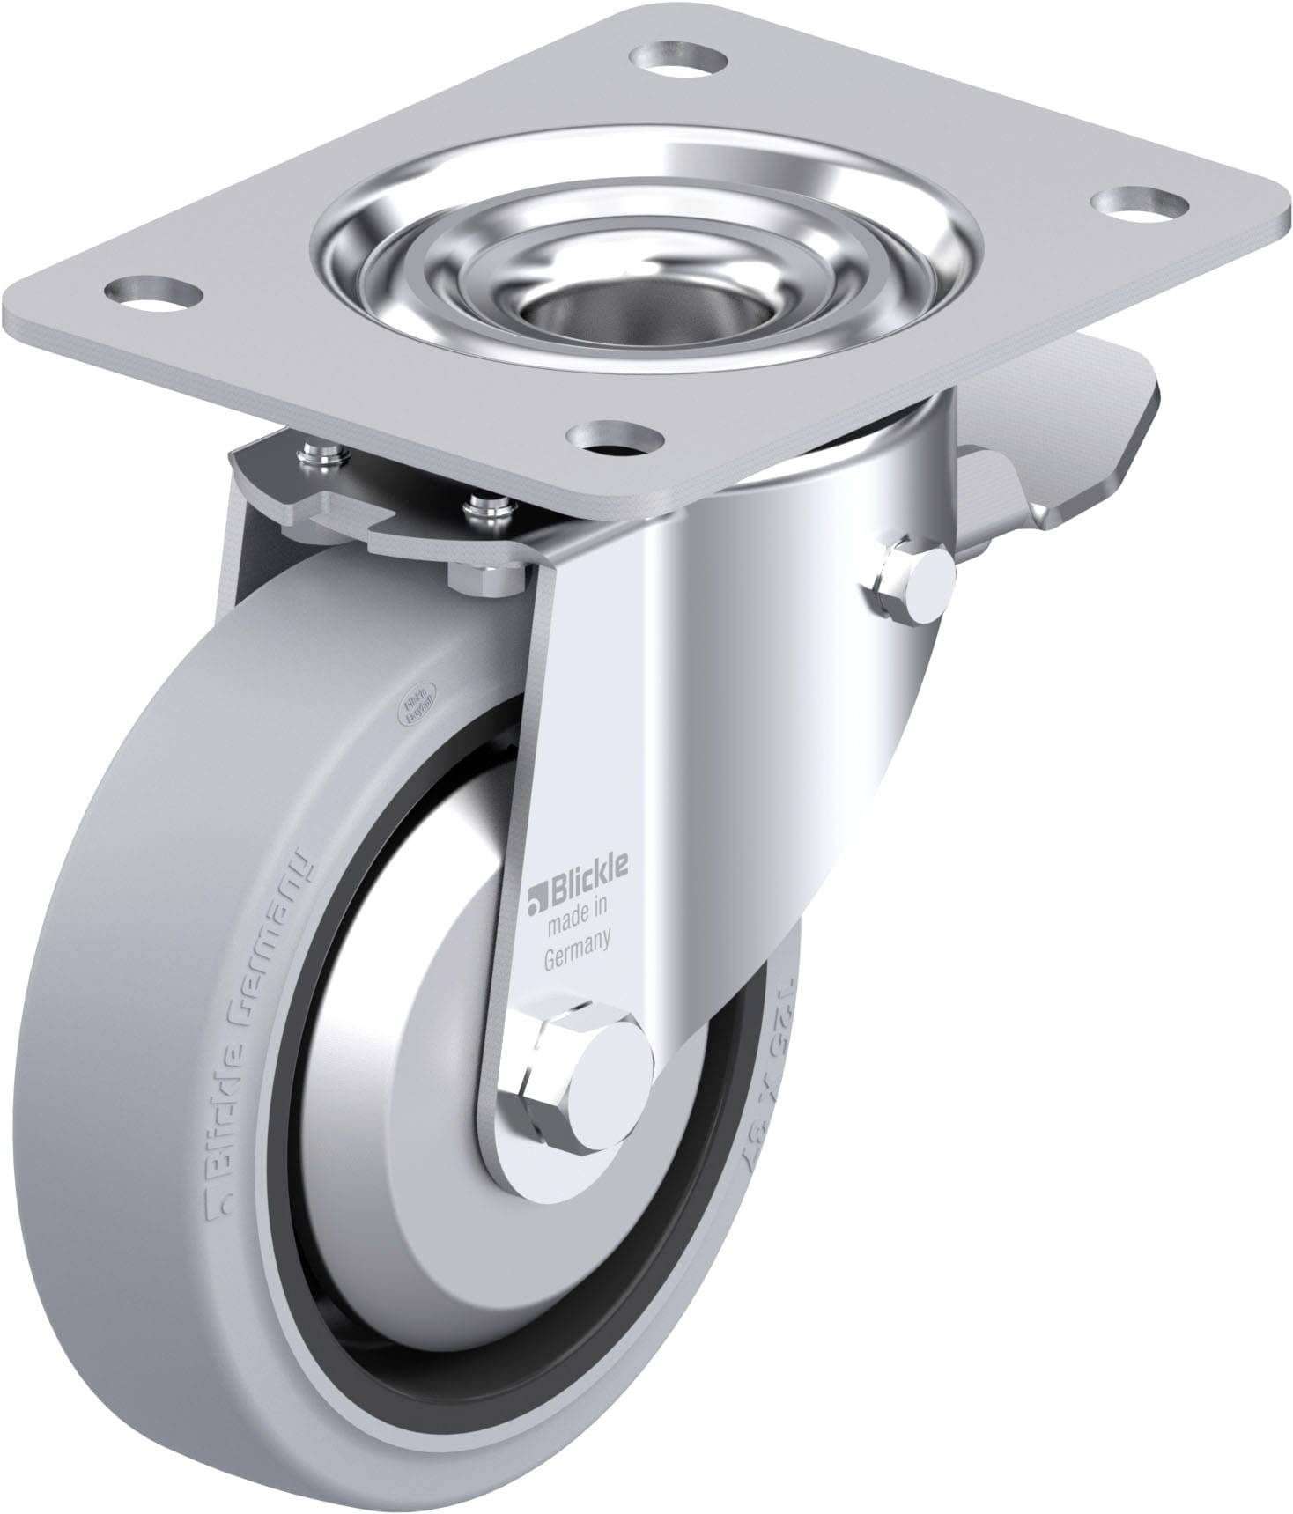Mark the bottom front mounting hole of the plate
[615, 436]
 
